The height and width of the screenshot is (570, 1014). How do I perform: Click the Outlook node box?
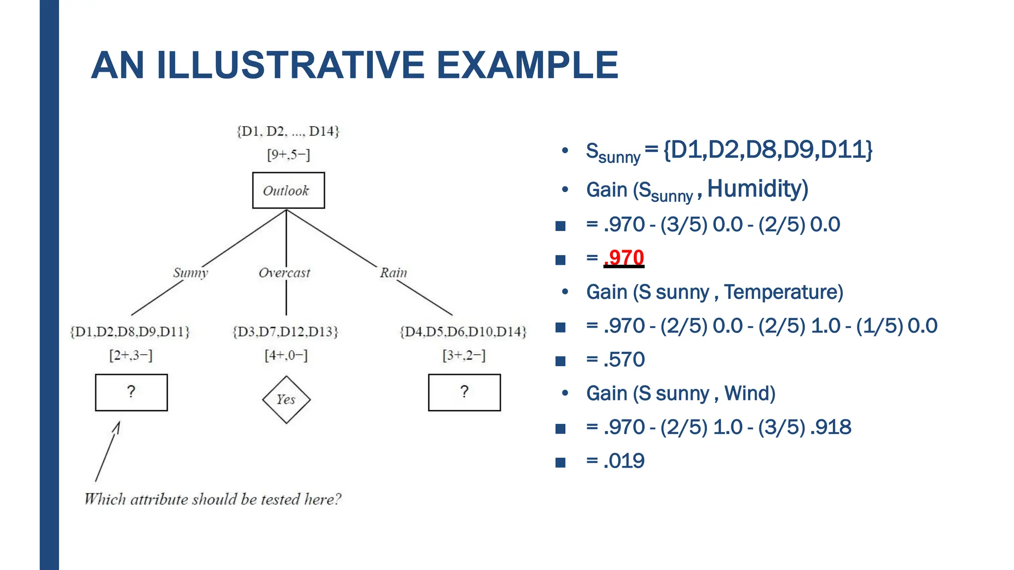[x=288, y=190]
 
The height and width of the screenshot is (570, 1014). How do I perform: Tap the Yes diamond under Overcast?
[x=286, y=399]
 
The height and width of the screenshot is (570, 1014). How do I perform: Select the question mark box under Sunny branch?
[x=131, y=392]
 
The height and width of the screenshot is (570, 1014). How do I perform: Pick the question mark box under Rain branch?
[x=464, y=392]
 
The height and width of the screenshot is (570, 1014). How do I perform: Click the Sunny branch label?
[x=191, y=273]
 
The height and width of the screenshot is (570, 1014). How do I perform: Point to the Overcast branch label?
[x=284, y=273]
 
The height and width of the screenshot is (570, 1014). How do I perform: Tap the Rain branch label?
[x=393, y=273]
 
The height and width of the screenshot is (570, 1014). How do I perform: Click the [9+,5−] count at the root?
[x=288, y=155]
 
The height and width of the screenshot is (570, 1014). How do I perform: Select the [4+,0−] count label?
[x=286, y=355]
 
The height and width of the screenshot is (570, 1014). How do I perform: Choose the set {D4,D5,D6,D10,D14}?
[x=463, y=332]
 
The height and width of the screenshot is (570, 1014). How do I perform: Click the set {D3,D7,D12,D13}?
[x=286, y=332]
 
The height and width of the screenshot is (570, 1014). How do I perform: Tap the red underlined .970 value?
[x=624, y=258]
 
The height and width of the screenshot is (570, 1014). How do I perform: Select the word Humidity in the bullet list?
[x=757, y=189]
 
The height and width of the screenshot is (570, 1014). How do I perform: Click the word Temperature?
[x=783, y=292]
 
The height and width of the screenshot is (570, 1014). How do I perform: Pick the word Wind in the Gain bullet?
[x=749, y=393]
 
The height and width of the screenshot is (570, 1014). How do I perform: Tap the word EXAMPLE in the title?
[x=527, y=65]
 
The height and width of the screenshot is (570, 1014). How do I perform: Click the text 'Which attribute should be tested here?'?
[x=213, y=499]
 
